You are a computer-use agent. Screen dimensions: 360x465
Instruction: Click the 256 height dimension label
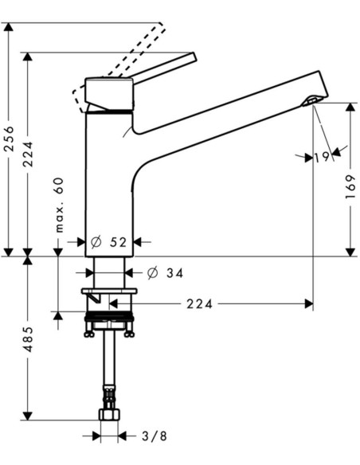(10, 139)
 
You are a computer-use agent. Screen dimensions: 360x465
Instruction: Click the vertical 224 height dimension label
(29, 154)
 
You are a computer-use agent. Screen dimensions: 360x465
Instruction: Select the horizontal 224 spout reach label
(200, 304)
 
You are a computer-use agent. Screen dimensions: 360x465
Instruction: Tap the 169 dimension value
(350, 187)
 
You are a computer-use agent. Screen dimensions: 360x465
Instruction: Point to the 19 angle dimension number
(322, 157)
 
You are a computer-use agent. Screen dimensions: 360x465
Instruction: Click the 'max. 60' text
(59, 205)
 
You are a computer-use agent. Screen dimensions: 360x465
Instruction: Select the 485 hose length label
(29, 339)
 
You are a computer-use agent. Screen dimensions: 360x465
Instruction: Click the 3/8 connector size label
(155, 436)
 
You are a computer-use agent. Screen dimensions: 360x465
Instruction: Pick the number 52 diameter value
(118, 242)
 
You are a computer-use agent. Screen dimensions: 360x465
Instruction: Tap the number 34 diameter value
(174, 273)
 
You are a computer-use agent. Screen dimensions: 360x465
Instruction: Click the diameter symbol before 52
(96, 242)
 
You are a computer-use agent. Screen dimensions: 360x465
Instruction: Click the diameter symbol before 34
(152, 272)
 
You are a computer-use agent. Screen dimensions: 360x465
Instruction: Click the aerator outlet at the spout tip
(311, 101)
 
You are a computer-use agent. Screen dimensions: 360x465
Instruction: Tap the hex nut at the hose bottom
(109, 414)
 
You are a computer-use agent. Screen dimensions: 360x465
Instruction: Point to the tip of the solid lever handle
(194, 57)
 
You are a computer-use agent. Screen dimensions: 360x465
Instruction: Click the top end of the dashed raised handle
(161, 24)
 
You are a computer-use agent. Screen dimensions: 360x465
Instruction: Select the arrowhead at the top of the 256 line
(10, 27)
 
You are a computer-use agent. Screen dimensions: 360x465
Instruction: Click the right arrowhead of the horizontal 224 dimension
(309, 304)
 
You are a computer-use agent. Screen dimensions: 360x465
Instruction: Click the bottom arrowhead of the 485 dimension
(28, 415)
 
